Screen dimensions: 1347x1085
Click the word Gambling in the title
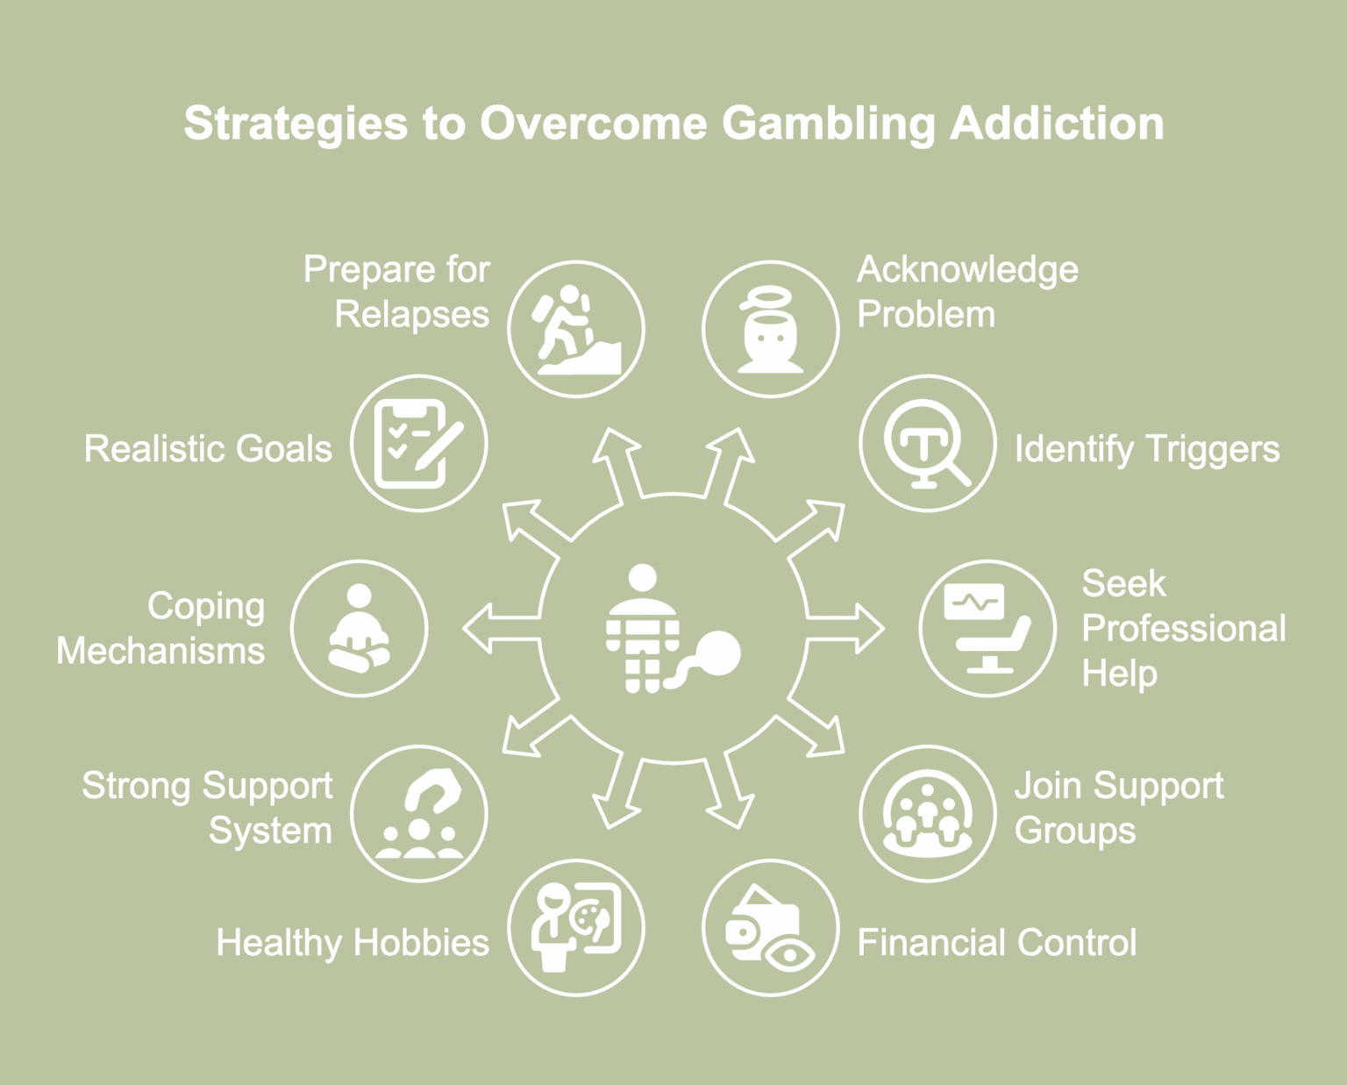point(829,124)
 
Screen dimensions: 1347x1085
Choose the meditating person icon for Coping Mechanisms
point(360,629)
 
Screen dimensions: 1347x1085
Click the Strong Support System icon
point(419,813)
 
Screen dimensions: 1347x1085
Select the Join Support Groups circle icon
point(928,813)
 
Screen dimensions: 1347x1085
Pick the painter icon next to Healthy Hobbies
point(576,927)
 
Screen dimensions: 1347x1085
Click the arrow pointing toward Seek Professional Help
point(845,629)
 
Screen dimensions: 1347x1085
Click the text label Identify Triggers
point(1147,450)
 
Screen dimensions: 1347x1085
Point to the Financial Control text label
point(996,942)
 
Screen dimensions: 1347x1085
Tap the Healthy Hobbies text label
point(353,942)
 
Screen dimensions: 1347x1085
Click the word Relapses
point(412,314)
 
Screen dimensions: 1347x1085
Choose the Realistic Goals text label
point(208,449)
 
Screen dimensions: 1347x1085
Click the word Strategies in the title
point(296,124)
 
